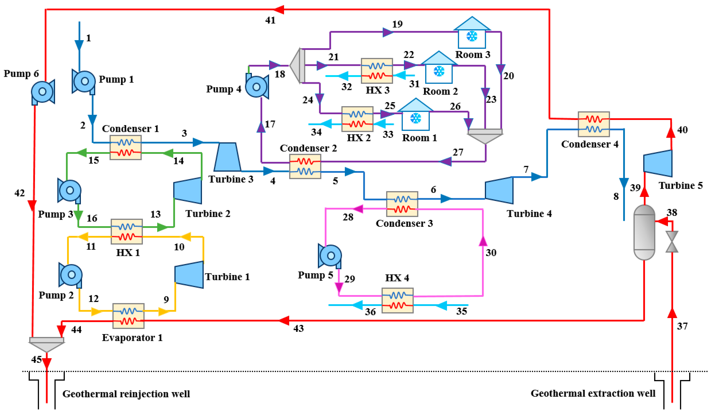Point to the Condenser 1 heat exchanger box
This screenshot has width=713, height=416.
pos(126,147)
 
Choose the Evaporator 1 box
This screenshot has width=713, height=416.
pos(128,316)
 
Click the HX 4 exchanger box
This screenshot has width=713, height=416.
pos(398,300)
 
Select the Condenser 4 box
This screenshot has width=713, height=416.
pos(594,124)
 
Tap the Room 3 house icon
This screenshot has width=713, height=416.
pos(472,33)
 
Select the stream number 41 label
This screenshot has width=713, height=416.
pos(270,20)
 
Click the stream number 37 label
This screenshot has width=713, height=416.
pos(682,326)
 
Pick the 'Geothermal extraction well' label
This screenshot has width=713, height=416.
pos(593,393)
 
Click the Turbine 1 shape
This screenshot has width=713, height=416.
pos(189,275)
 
